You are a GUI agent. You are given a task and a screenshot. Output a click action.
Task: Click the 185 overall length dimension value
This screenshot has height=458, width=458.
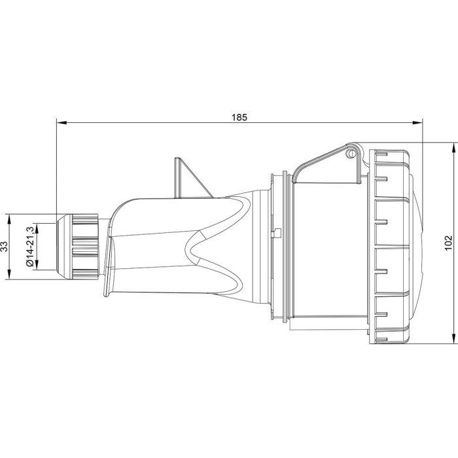click(239, 118)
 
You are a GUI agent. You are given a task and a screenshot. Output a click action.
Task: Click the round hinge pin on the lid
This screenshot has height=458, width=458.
click(351, 154)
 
